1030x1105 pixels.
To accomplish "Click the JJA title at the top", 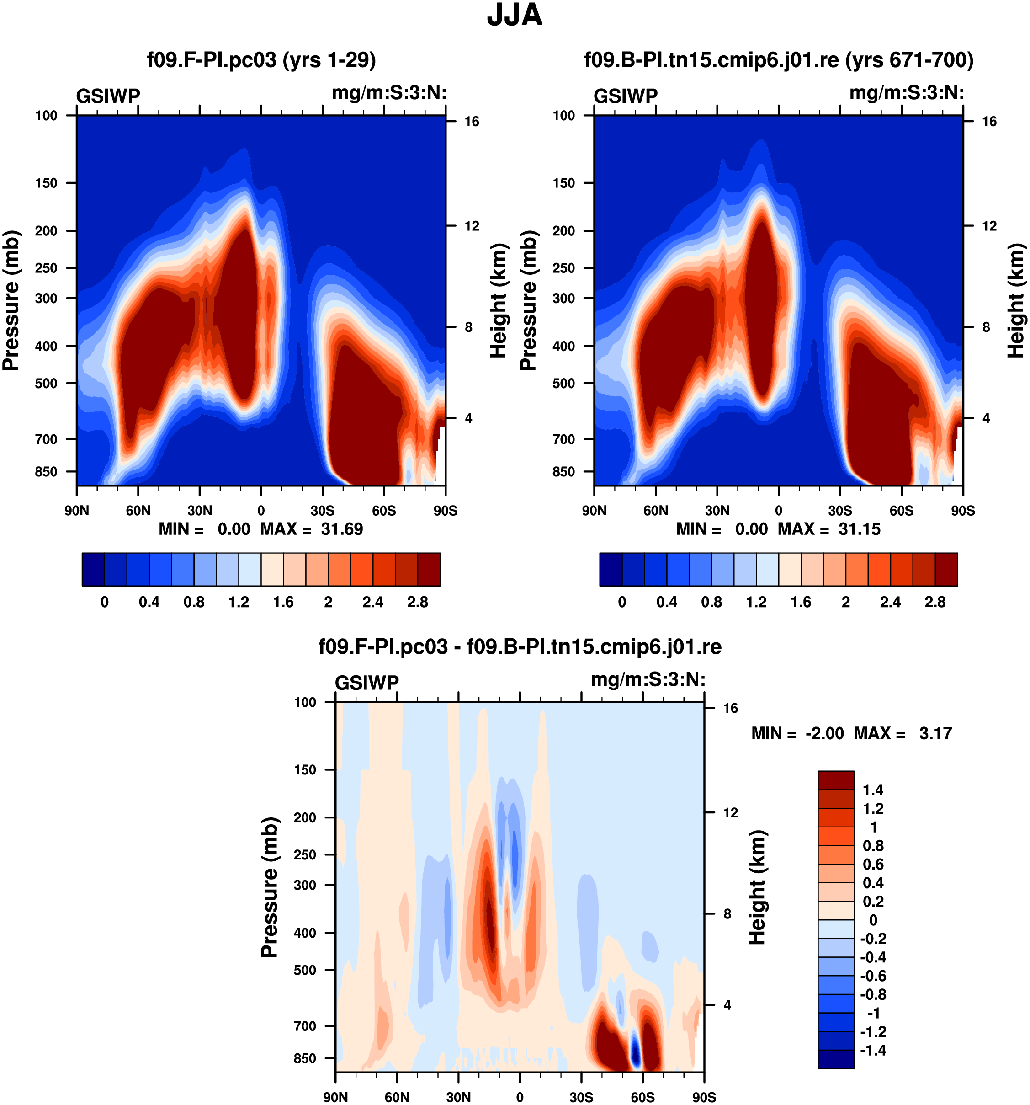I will click(514, 16).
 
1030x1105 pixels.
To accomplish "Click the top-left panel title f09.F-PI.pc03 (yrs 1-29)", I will click(261, 60).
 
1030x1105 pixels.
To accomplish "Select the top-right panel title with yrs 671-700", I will click(778, 60).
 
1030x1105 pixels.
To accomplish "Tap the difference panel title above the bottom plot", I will click(520, 646).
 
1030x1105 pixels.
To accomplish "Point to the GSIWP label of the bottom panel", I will click(366, 682).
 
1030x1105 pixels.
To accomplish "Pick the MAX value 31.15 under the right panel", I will click(859, 529).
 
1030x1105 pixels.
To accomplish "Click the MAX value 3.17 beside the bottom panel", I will click(935, 733).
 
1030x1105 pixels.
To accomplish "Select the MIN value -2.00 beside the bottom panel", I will click(824, 733).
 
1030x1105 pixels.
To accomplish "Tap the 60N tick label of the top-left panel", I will click(138, 510).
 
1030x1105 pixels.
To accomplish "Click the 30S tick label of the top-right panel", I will click(839, 510).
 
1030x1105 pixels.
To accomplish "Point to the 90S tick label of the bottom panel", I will click(703, 1097).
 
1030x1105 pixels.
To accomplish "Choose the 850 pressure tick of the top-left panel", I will click(46, 471).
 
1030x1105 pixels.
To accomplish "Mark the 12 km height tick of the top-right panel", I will click(989, 226).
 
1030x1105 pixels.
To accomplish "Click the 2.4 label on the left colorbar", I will click(372, 602).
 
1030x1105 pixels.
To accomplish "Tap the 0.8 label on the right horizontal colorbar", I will click(711, 602).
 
